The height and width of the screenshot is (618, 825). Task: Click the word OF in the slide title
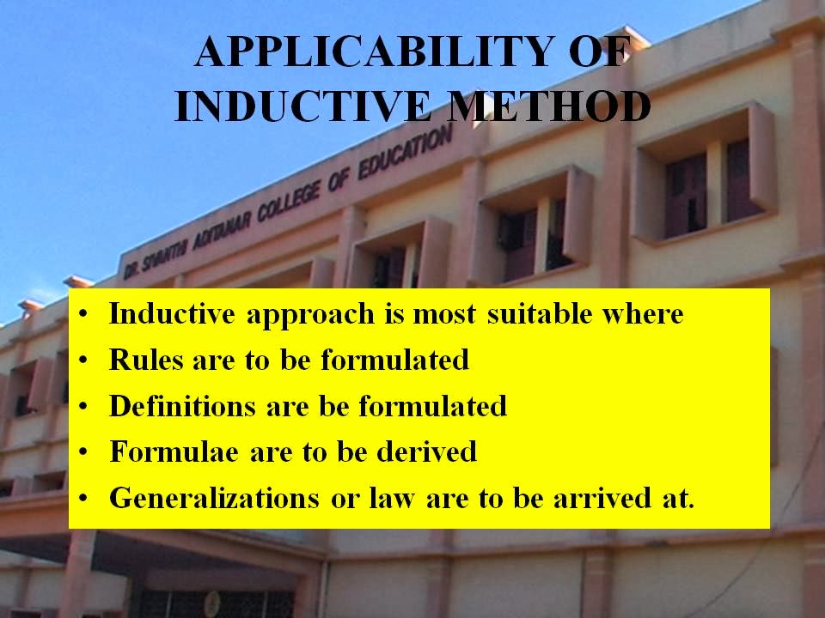point(594,54)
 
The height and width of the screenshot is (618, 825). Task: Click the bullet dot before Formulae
point(83,452)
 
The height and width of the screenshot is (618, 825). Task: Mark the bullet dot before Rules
point(83,360)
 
